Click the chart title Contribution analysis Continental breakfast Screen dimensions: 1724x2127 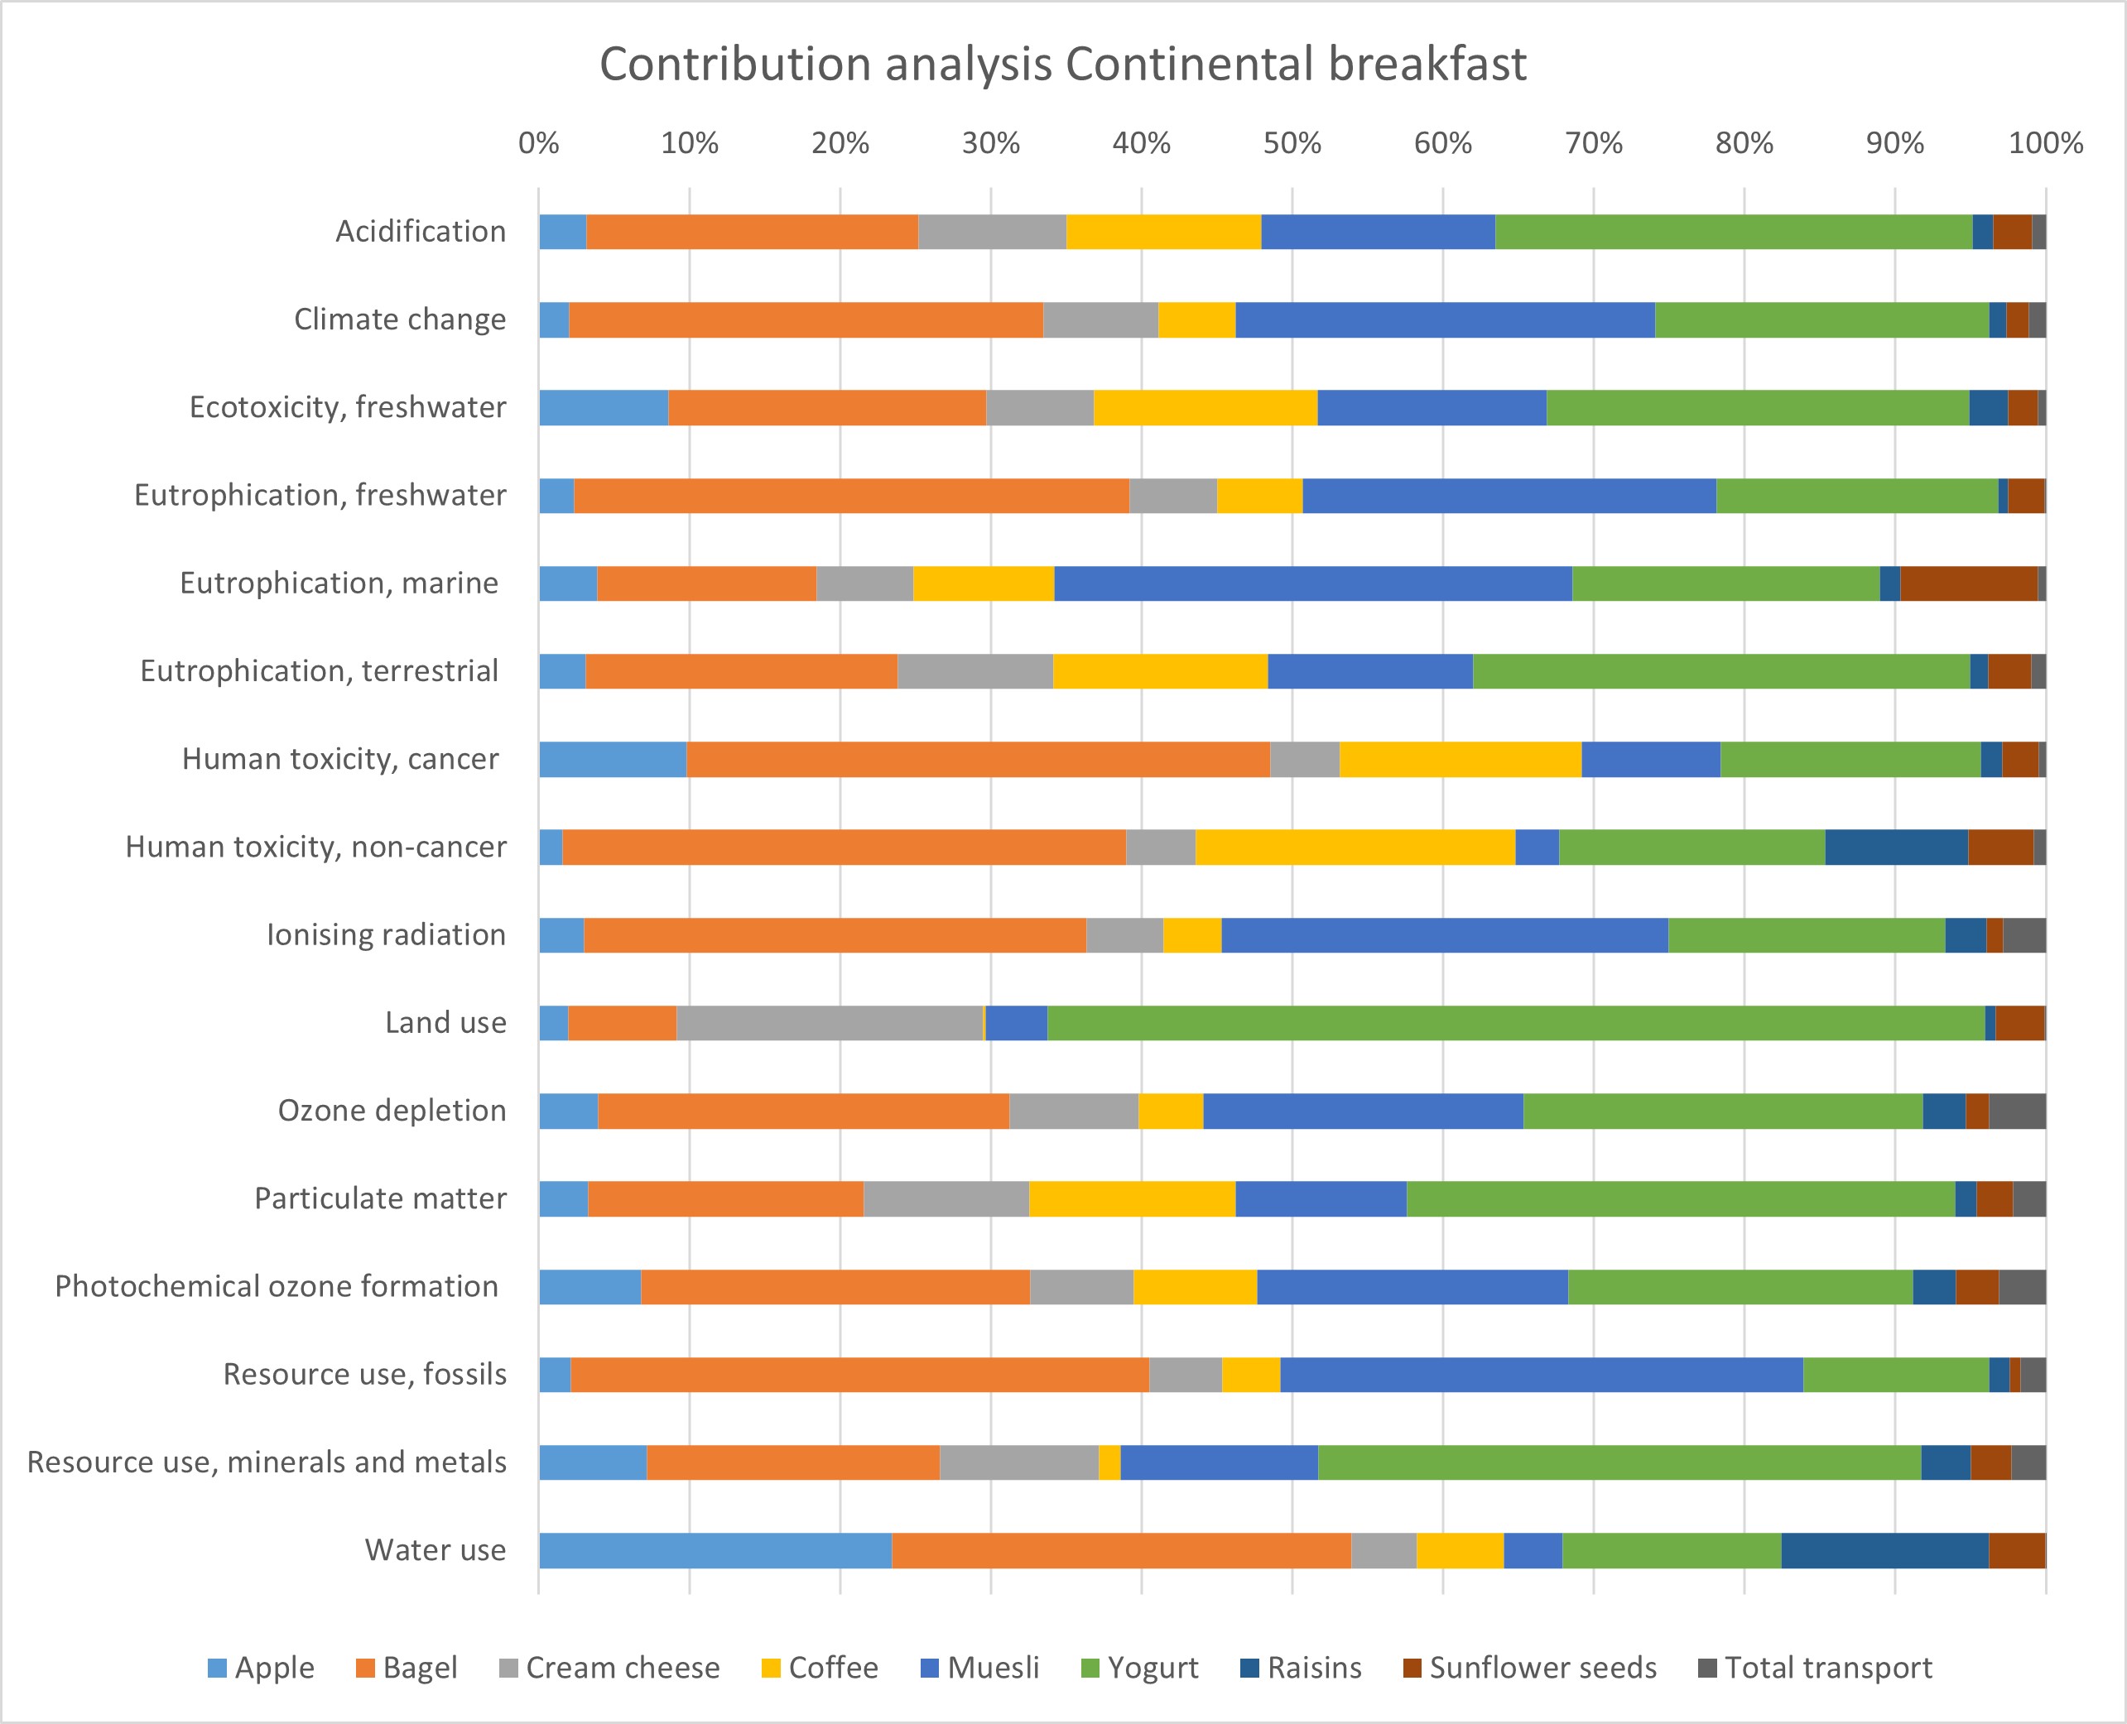pyautogui.click(x=1062, y=65)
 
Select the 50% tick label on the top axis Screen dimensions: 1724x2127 pyautogui.click(x=1292, y=144)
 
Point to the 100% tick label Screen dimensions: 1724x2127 pyautogui.click(x=2044, y=144)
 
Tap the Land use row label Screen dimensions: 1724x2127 pyautogui.click(x=445, y=1023)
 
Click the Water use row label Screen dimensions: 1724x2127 pyautogui.click(x=436, y=1550)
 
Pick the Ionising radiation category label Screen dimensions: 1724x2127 pyautogui.click(x=386, y=934)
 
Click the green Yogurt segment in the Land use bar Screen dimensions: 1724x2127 pyautogui.click(x=1515, y=1023)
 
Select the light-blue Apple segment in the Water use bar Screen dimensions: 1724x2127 pyautogui.click(x=715, y=1550)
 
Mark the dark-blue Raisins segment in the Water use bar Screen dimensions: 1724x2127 pyautogui.click(x=1884, y=1550)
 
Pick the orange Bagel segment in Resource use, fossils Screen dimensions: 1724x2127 pyautogui.click(x=859, y=1375)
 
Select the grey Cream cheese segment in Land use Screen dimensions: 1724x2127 pyautogui.click(x=830, y=1023)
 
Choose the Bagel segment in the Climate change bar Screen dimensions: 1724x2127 pyautogui.click(x=806, y=319)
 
